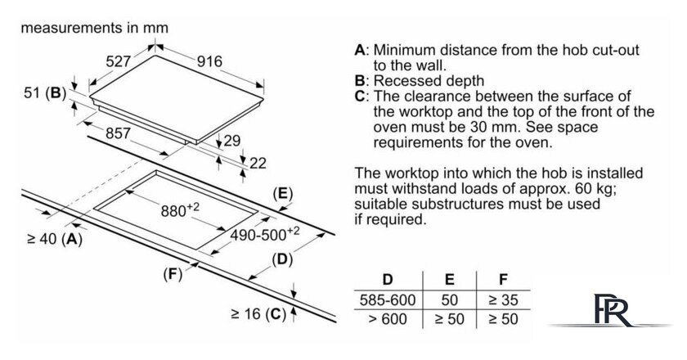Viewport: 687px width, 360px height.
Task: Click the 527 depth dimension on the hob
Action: pos(119,60)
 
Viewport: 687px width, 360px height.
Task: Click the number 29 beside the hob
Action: pos(232,141)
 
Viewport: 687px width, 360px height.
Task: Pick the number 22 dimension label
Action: pos(258,163)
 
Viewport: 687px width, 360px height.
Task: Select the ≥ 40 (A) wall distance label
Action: pos(54,239)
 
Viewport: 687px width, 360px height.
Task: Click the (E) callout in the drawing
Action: pos(281,194)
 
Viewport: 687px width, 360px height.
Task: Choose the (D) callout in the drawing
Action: pos(281,260)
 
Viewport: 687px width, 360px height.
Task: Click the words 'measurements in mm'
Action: pos(94,27)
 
